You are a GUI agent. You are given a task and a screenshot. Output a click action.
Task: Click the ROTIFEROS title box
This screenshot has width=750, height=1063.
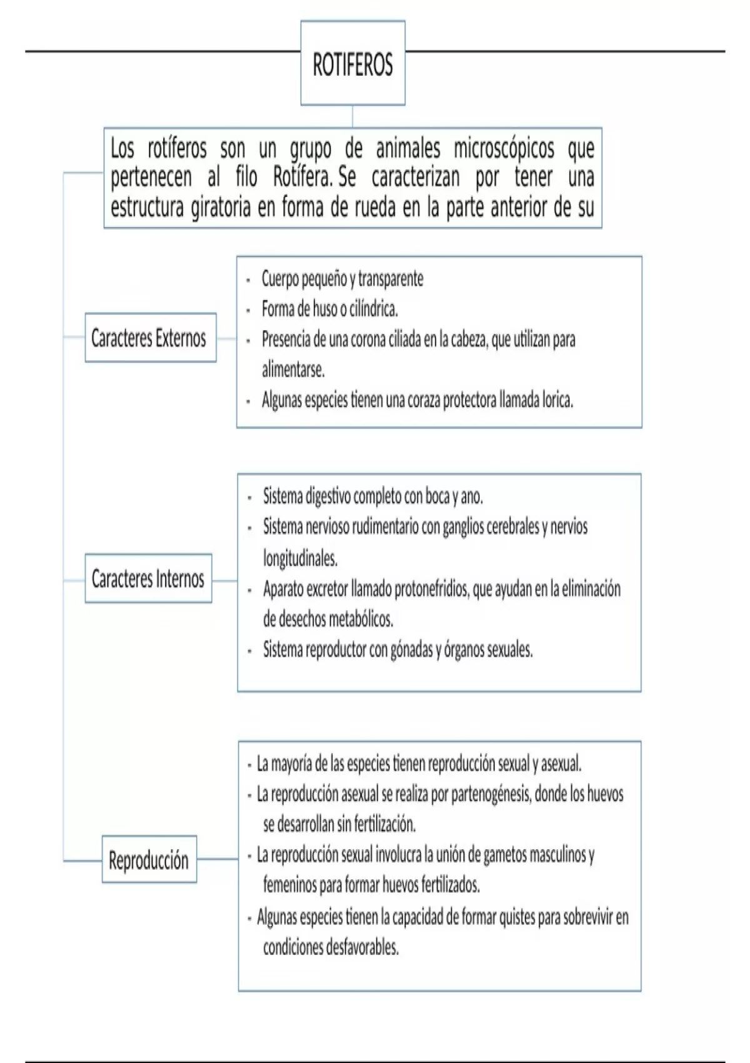[x=352, y=63]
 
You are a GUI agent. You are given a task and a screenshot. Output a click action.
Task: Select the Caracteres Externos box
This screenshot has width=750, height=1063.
[x=150, y=338]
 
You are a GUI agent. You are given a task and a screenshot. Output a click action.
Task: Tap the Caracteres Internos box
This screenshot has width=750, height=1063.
[x=148, y=578]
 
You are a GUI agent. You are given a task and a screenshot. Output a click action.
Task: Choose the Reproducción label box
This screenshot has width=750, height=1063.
[x=149, y=860]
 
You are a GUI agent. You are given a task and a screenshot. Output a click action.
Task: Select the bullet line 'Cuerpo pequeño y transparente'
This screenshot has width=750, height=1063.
[x=342, y=278]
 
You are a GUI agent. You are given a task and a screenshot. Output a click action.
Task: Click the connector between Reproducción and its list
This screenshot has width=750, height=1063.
[x=217, y=859]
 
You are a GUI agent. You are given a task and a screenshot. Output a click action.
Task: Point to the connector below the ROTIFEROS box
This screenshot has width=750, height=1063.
[x=352, y=116]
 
